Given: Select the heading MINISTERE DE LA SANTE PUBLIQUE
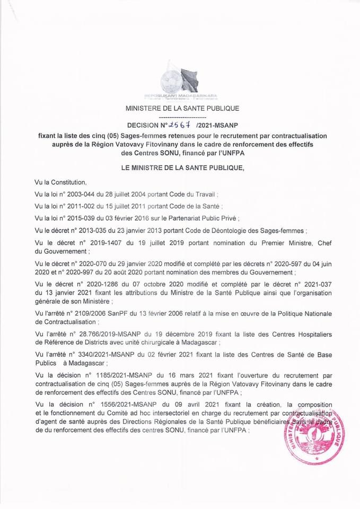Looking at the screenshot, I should [x=182, y=108].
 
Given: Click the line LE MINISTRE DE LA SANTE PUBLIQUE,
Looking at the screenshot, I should [x=182, y=168].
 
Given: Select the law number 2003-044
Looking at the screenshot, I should [x=81, y=194].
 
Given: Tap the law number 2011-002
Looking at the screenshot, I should [x=81, y=206].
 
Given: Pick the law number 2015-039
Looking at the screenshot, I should [x=81, y=218].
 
